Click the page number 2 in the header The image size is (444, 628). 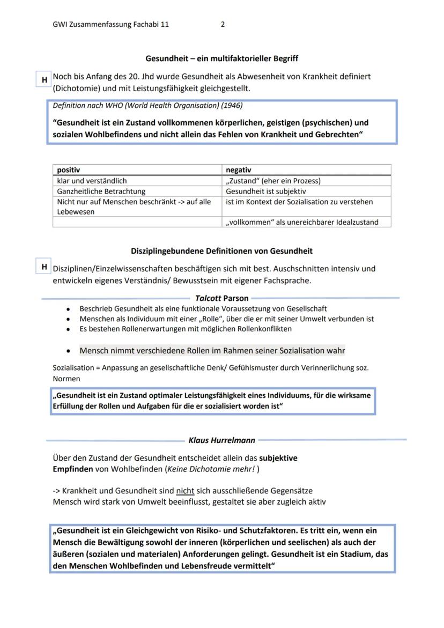[x=223, y=25]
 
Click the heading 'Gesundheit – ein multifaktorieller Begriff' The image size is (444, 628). [x=222, y=58]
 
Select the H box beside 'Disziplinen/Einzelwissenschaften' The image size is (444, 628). [x=44, y=267]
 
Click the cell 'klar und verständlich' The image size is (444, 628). [x=92, y=181]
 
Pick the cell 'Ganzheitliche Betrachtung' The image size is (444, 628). [x=101, y=191]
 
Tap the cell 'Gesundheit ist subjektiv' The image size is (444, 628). [x=266, y=191]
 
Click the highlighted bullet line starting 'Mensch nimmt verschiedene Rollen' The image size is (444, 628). [x=212, y=351]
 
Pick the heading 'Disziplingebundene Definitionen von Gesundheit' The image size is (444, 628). [x=221, y=251]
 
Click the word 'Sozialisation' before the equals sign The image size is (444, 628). [x=72, y=368]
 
